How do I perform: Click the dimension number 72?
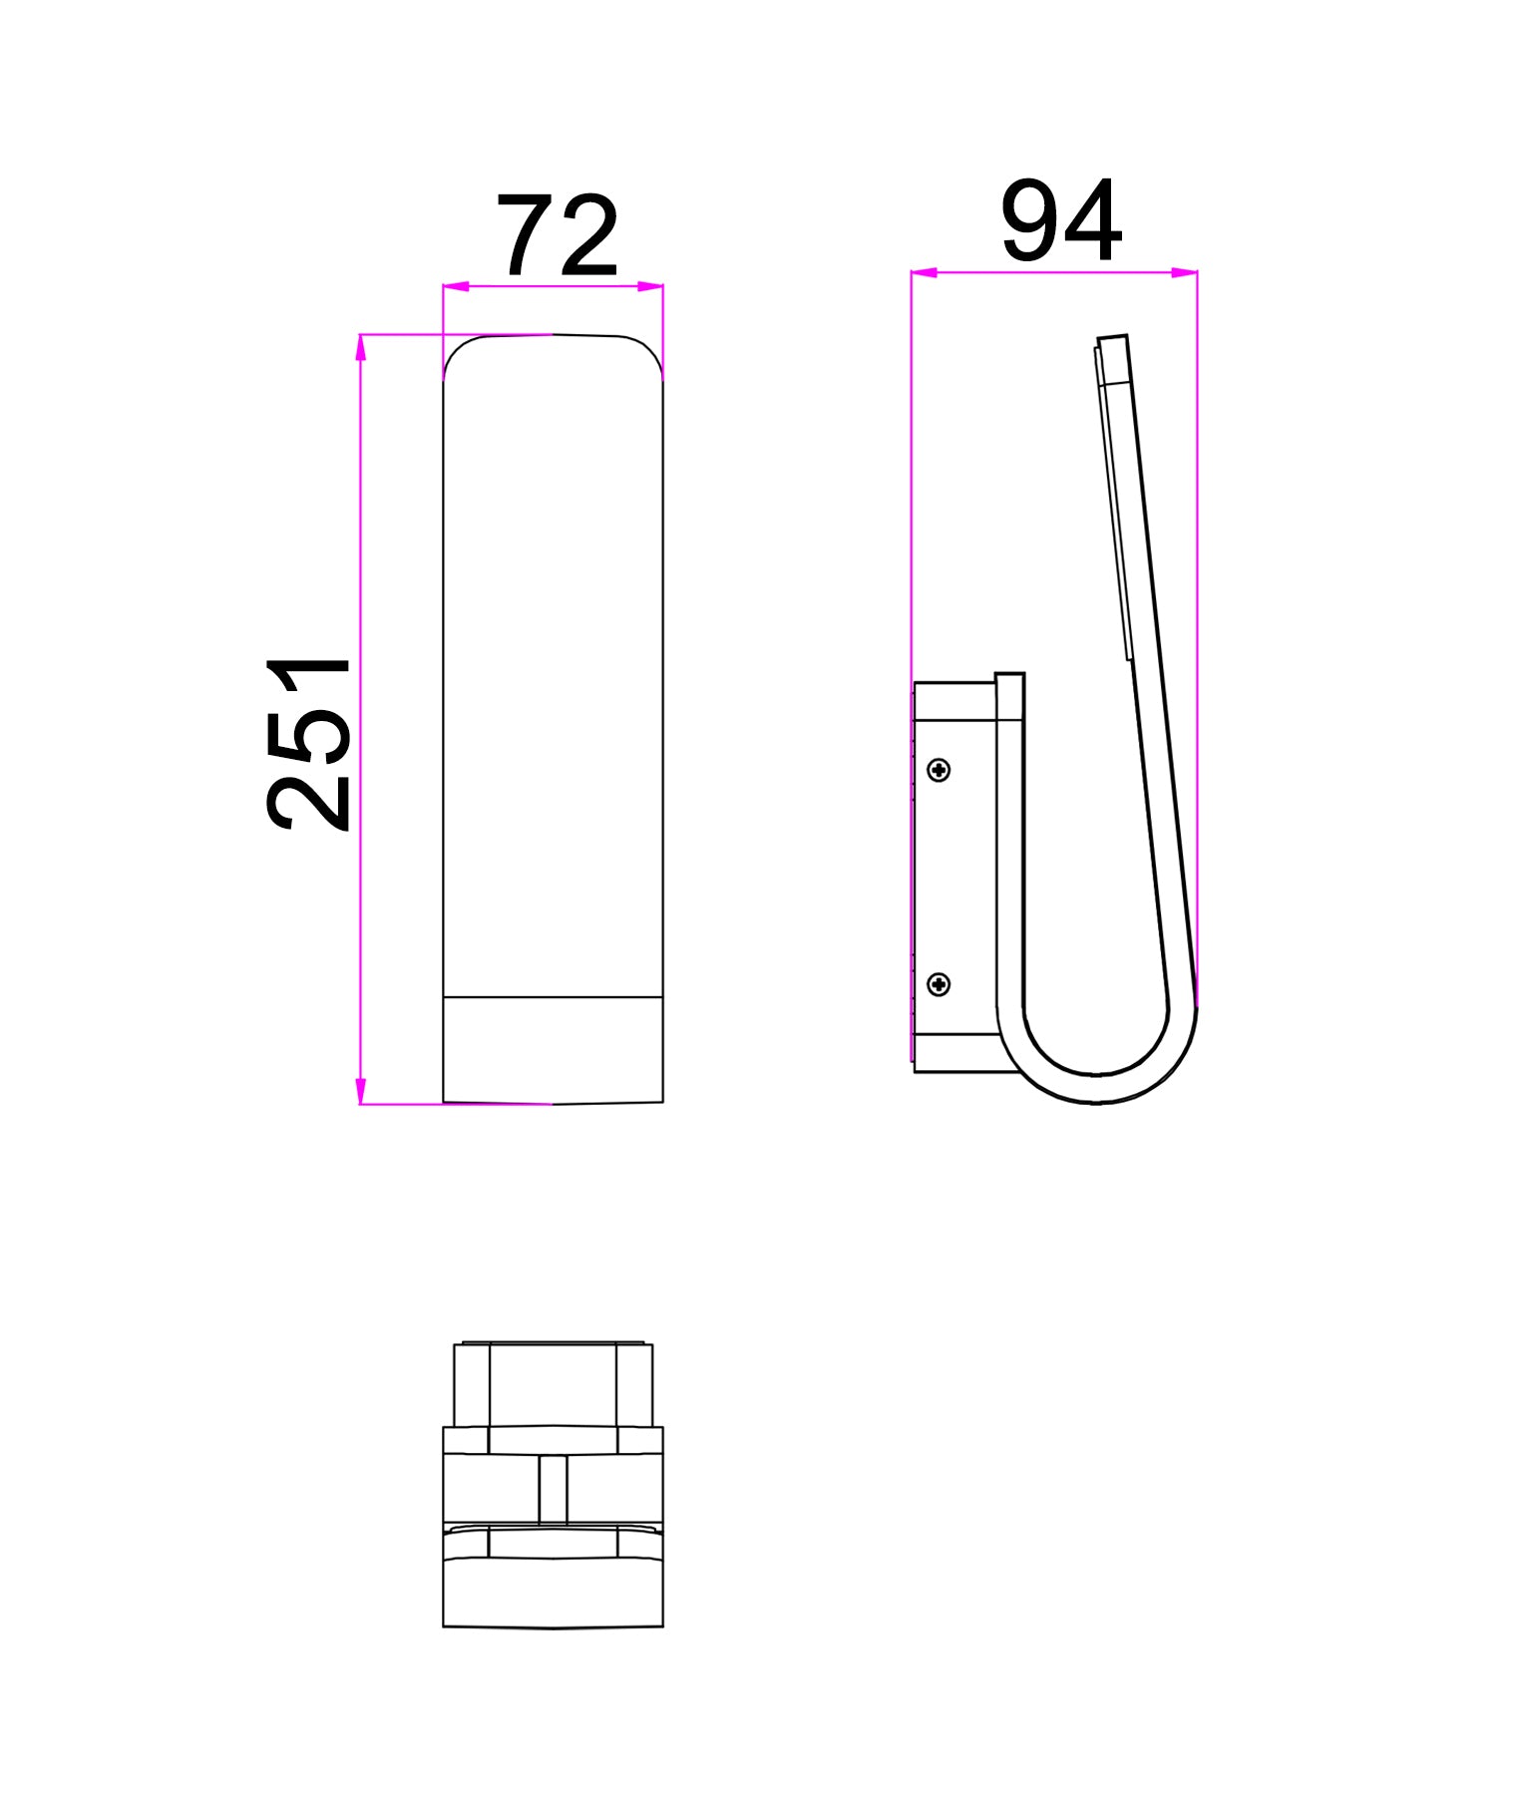559,237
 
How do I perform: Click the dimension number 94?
1061,221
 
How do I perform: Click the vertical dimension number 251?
309,743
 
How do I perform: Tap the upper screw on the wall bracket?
939,770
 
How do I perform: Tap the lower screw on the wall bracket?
939,985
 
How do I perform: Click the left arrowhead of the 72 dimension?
455,287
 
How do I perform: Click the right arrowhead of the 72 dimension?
651,287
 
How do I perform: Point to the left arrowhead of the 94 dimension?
924,271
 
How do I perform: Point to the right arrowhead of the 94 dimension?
1185,271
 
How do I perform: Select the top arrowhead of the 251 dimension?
361,346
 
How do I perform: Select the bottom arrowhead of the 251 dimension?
361,1092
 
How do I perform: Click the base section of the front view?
553,1049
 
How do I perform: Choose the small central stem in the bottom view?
553,1489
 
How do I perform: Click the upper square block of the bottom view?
553,1385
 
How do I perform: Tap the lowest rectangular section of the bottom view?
553,1592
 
